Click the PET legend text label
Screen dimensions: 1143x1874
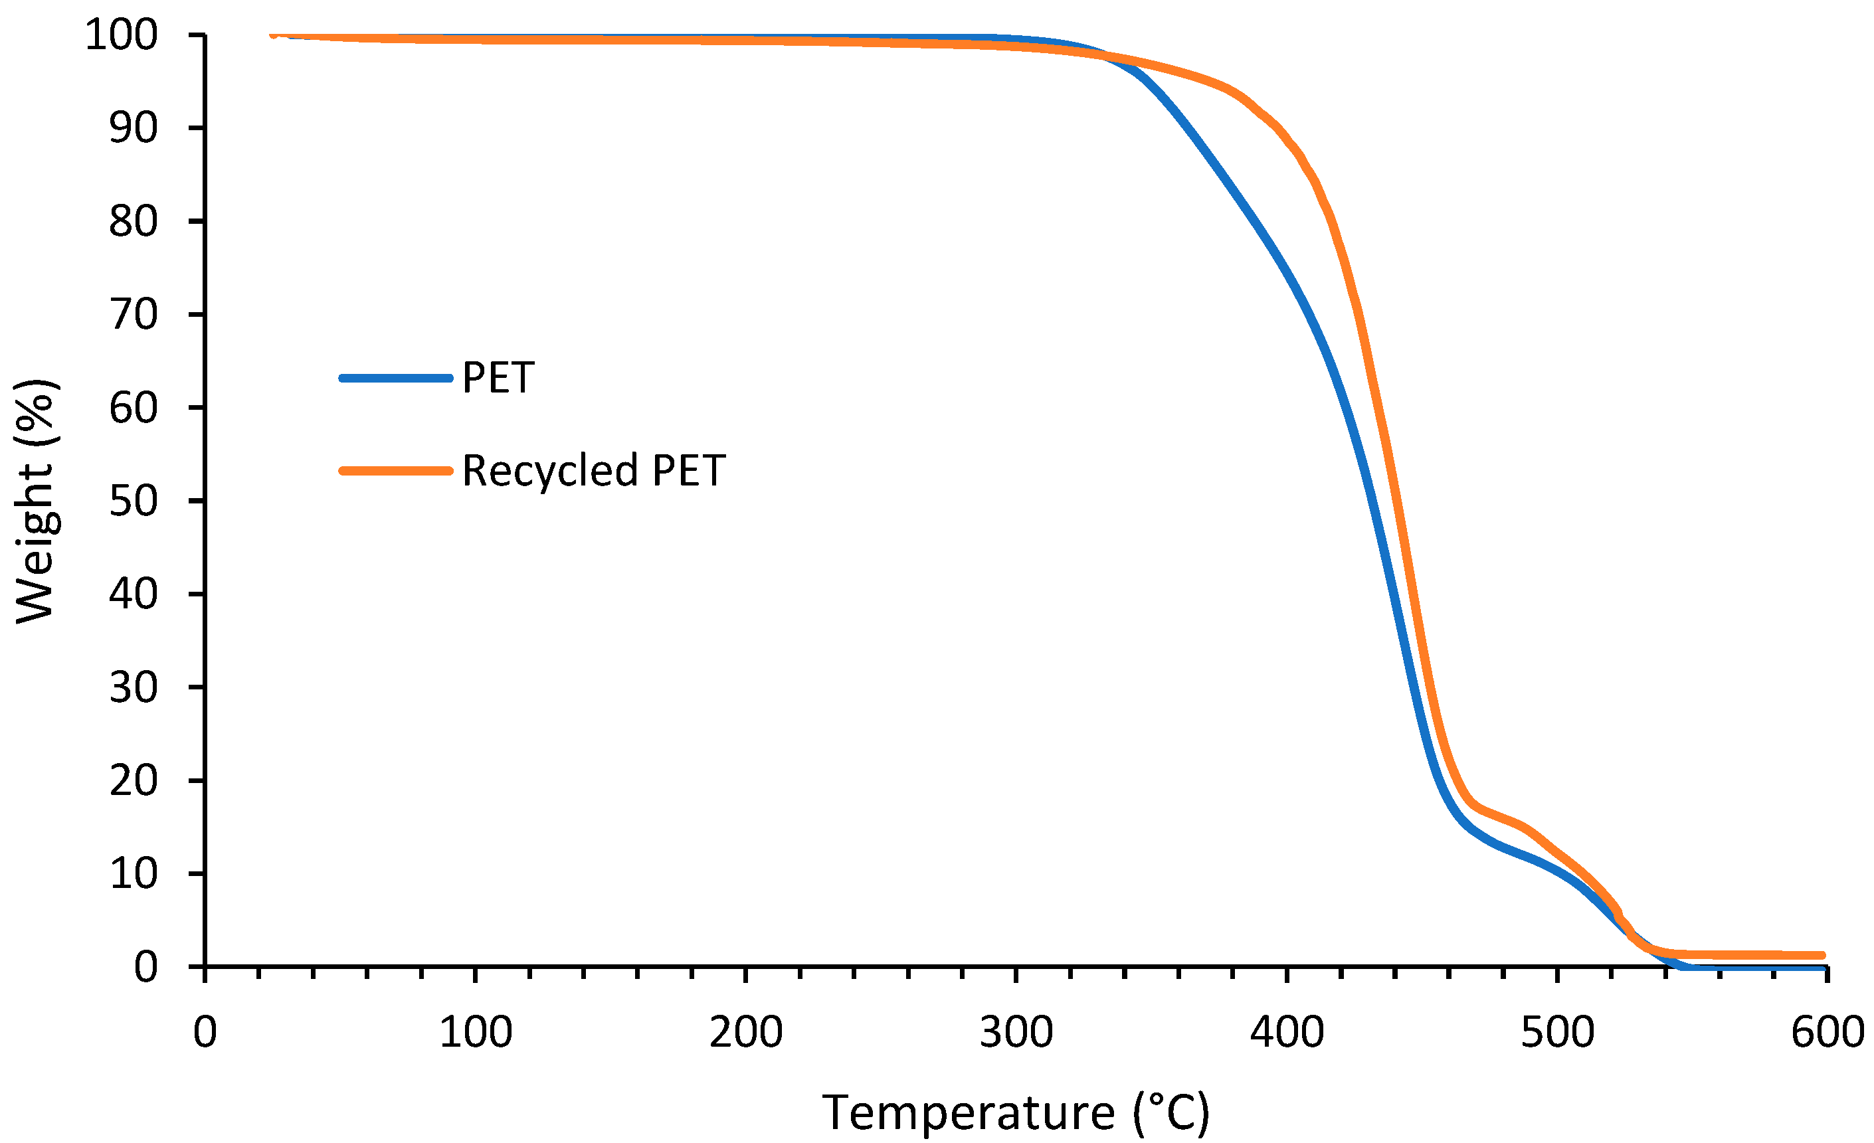(x=498, y=378)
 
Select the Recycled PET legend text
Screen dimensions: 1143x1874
(x=593, y=471)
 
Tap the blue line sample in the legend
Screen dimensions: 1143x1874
(x=395, y=378)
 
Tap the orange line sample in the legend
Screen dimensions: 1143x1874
(x=395, y=471)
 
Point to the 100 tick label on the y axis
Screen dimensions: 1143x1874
(x=121, y=36)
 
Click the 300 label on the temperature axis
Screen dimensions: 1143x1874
(x=1016, y=1033)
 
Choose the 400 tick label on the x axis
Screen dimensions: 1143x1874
(x=1287, y=1033)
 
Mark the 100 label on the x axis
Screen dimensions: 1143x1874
(x=476, y=1033)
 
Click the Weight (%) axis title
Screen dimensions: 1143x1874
(x=36, y=502)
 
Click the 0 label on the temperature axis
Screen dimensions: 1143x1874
(x=205, y=1033)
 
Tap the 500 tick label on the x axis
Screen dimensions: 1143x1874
(x=1557, y=1033)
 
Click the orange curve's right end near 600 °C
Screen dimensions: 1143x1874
(x=1820, y=955)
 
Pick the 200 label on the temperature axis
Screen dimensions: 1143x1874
(x=745, y=1033)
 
